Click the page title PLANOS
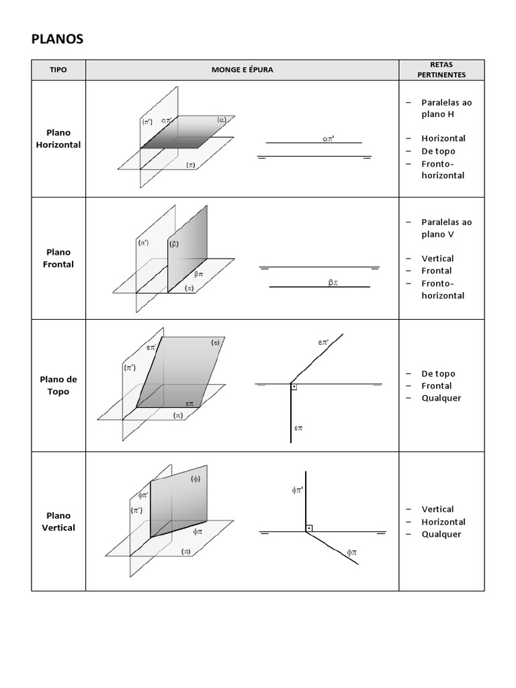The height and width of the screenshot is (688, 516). coord(57,39)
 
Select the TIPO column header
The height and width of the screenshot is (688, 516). coord(58,70)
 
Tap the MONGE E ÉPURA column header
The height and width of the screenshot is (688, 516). coord(242,70)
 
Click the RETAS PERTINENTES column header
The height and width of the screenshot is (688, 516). coord(441,70)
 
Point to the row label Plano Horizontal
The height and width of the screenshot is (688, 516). coord(58,139)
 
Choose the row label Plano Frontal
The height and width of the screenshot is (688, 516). coord(58,258)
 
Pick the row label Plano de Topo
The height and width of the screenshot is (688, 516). coord(58,385)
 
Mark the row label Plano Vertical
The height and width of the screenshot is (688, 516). coord(58,521)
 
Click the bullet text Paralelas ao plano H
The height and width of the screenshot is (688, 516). coord(446,108)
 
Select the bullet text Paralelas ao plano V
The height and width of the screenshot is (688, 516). coord(446,228)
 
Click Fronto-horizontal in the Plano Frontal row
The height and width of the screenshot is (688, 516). coord(443,290)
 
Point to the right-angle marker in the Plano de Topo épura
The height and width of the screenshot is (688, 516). coord(294,387)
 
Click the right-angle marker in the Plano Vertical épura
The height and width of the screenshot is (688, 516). coord(308,529)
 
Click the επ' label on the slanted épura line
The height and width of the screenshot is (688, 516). coord(323,343)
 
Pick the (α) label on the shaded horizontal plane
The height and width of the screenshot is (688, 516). coord(222,120)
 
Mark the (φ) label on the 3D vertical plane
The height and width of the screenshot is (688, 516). coord(196,479)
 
